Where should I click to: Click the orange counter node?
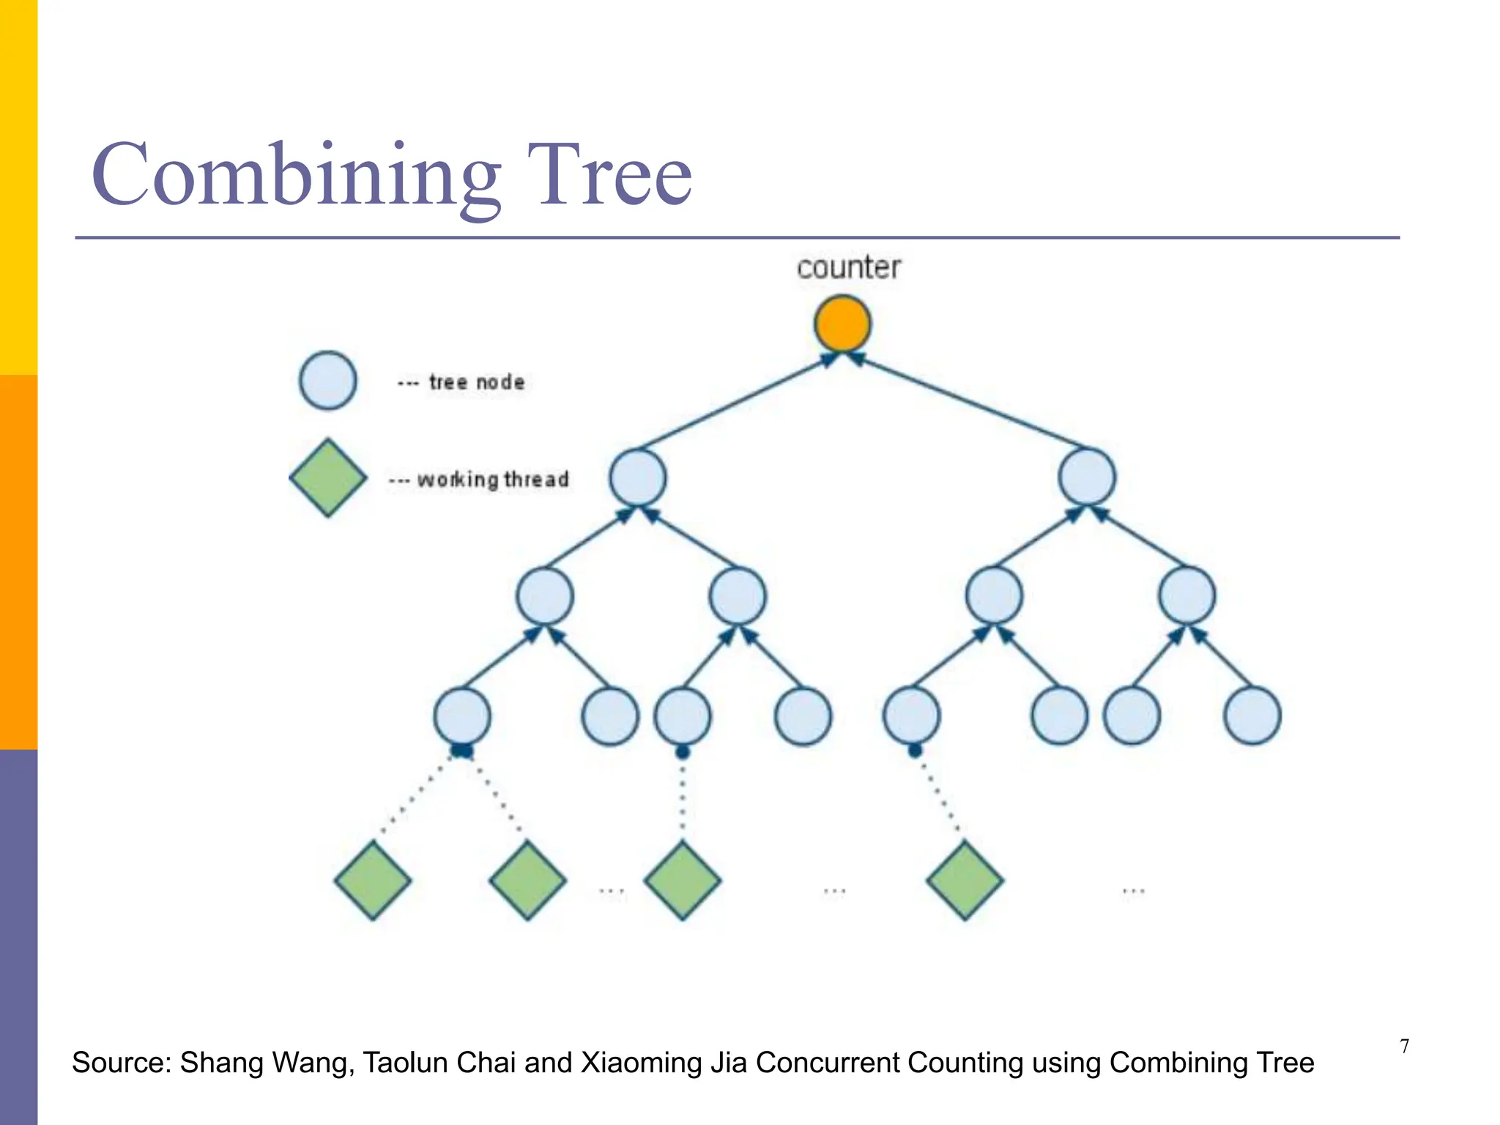click(x=842, y=324)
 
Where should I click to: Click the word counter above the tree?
click(x=848, y=268)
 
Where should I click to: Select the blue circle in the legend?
click(x=327, y=381)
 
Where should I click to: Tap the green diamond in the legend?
click(x=327, y=478)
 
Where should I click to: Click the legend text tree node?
click(x=476, y=382)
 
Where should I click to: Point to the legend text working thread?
click(x=492, y=480)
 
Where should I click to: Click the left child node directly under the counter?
click(x=638, y=478)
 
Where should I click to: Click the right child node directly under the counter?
click(x=1087, y=478)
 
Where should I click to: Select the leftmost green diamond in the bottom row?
click(x=372, y=880)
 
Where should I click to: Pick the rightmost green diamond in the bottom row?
click(x=965, y=880)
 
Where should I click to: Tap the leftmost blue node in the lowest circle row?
click(x=461, y=716)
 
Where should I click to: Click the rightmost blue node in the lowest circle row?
click(x=1252, y=716)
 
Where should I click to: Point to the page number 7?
click(x=1404, y=1047)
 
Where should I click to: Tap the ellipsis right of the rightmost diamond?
click(x=1133, y=891)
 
